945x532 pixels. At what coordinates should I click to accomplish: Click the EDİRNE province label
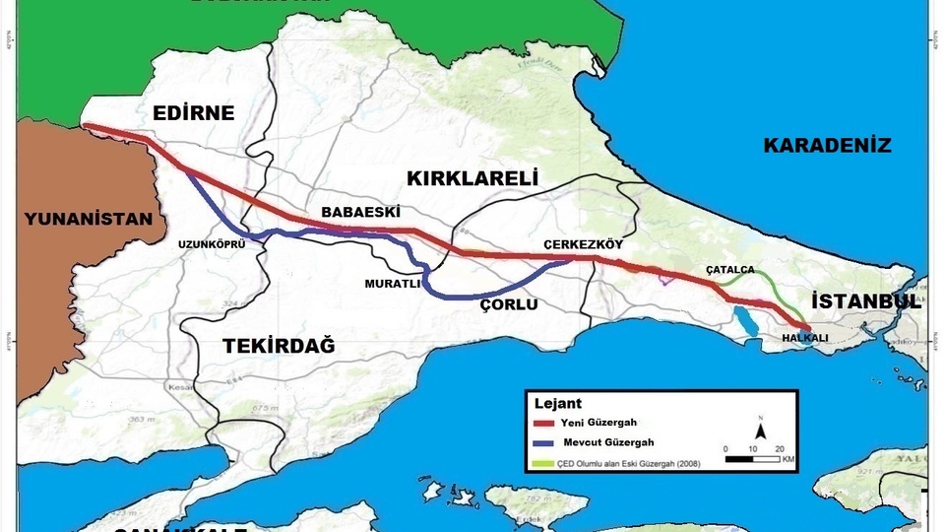194,113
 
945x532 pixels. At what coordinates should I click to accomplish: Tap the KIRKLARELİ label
471,178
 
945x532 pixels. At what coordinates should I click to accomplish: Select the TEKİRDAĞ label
279,346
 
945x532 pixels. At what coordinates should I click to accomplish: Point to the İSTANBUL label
866,301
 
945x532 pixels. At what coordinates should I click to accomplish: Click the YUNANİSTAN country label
90,219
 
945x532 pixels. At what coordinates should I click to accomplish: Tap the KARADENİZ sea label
827,146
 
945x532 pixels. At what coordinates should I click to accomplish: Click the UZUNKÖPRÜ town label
211,243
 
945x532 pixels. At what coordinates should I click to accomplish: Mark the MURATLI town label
393,284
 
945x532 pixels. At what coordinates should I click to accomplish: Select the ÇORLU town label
508,304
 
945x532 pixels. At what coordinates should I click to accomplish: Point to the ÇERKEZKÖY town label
584,244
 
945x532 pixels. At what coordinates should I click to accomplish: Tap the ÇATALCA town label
730,269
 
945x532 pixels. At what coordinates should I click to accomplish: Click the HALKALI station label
805,338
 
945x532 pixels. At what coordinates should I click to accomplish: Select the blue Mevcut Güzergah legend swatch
543,443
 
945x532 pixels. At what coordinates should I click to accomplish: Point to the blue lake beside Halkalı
745,320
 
